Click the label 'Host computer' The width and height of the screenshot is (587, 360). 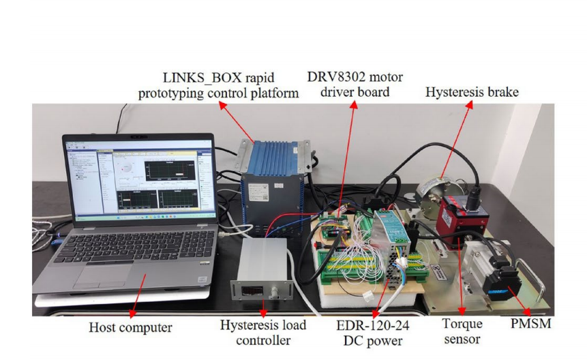pyautogui.click(x=131, y=328)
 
